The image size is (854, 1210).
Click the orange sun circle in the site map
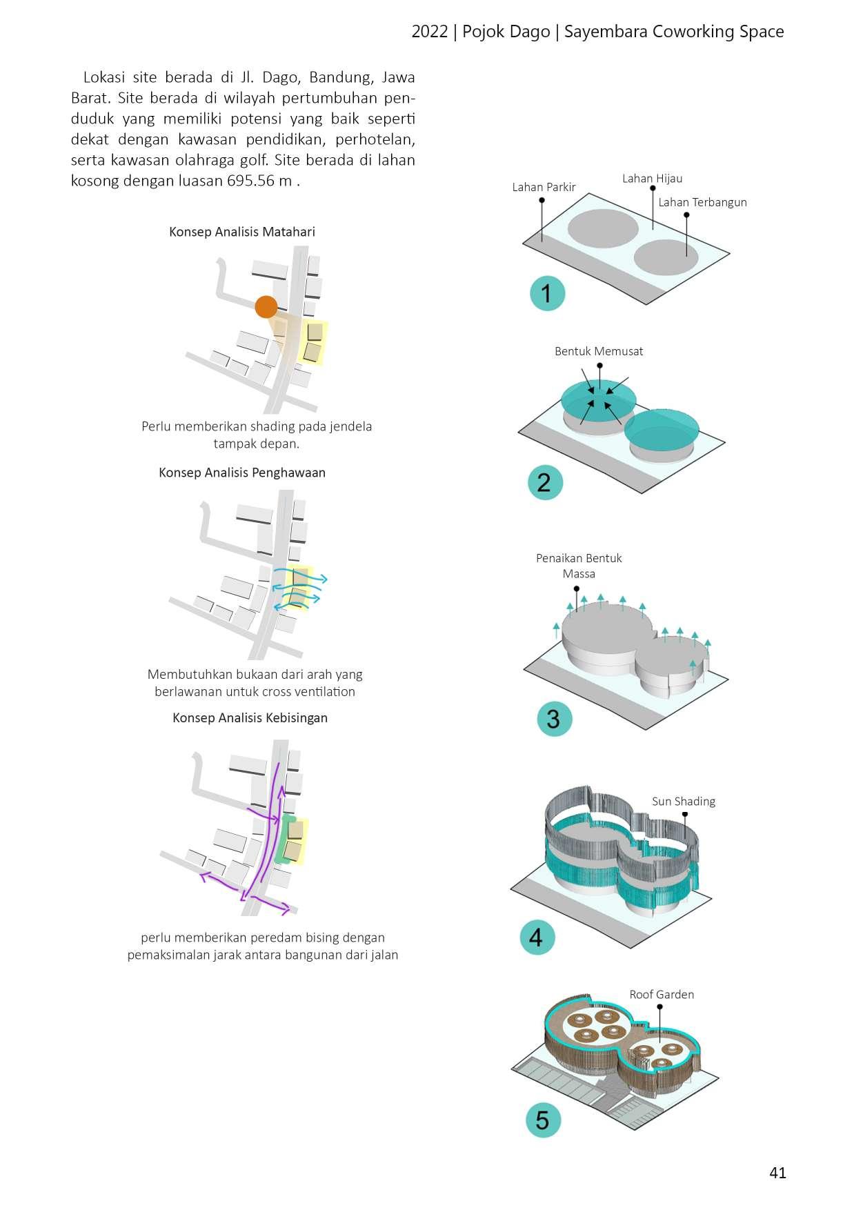click(x=266, y=307)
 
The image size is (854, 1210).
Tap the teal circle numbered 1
click(x=547, y=293)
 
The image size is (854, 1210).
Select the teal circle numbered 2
click(x=545, y=482)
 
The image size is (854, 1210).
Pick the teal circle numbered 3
click(x=554, y=719)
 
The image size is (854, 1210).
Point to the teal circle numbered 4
click(x=537, y=938)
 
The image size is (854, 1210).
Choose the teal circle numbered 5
click(x=543, y=1120)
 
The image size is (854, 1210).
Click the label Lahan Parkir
click(x=544, y=187)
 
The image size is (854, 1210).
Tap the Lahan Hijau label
click(x=652, y=179)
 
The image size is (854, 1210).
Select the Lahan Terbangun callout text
click(x=702, y=202)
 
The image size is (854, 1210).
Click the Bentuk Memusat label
click(x=599, y=351)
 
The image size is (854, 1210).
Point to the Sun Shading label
click(x=683, y=801)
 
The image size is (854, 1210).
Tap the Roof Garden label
click(x=661, y=994)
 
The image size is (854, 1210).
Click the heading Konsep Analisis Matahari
click(x=242, y=232)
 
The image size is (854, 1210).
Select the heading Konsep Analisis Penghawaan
click(x=242, y=473)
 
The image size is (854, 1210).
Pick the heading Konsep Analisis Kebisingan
click(x=250, y=717)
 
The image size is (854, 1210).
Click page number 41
click(x=777, y=1173)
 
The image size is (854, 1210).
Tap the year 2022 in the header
click(x=430, y=32)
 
